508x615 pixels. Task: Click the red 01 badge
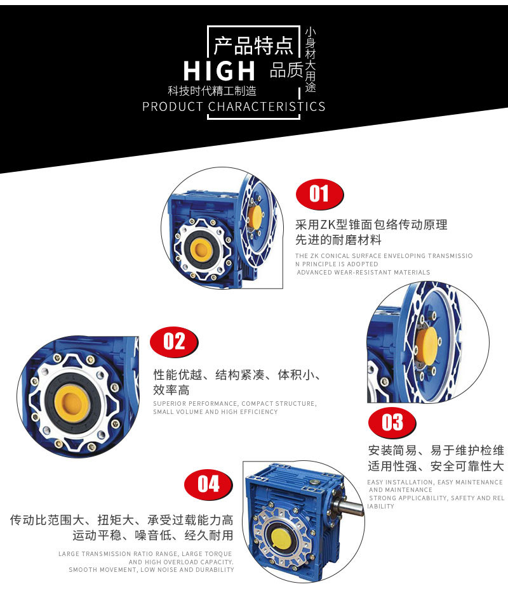click(x=319, y=193)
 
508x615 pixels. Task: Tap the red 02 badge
click(x=173, y=342)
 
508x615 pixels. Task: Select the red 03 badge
click(x=392, y=422)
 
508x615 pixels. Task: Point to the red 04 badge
click(x=208, y=484)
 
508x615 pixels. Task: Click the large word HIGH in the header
click(x=220, y=70)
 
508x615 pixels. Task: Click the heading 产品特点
click(x=253, y=46)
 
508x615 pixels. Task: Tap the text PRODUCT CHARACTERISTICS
click(x=234, y=107)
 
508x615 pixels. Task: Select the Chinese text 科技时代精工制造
click(x=212, y=91)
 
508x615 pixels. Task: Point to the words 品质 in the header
click(x=286, y=70)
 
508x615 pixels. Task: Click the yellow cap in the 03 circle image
click(x=430, y=346)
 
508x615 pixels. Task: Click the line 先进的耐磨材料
click(x=338, y=240)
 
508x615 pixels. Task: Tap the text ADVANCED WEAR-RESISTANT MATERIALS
click(x=363, y=273)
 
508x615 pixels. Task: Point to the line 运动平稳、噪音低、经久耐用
click(x=152, y=536)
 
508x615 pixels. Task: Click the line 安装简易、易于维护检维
click(x=436, y=451)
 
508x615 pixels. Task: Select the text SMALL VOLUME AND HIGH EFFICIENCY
click(x=215, y=412)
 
